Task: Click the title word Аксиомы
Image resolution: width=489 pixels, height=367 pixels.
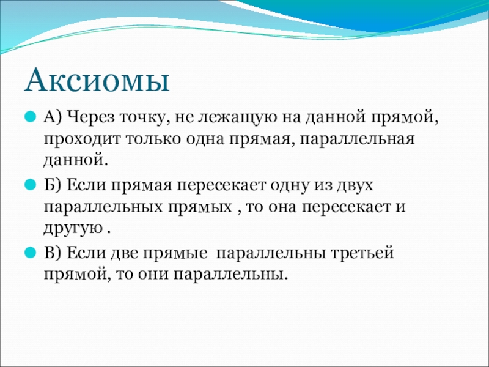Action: [x=97, y=81]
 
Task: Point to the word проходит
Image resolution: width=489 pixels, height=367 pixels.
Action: [x=82, y=139]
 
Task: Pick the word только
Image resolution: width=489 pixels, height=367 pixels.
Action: [x=153, y=139]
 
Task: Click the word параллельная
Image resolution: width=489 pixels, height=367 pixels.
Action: [x=358, y=139]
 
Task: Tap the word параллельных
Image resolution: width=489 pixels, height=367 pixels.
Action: [x=103, y=207]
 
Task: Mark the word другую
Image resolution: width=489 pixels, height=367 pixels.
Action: [x=73, y=229]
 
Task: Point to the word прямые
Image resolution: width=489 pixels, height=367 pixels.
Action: [x=175, y=253]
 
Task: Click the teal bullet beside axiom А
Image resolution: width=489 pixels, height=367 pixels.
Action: [x=30, y=117]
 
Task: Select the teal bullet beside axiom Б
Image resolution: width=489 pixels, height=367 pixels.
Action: [x=30, y=185]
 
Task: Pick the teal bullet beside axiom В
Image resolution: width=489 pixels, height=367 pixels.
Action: [x=30, y=252]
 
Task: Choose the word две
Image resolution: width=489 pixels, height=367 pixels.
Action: [x=124, y=253]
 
